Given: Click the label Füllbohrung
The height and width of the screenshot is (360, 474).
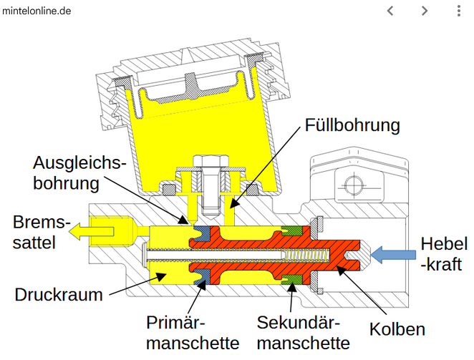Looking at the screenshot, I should point(352,126).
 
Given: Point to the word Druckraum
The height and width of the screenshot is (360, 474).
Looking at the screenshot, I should point(59,294).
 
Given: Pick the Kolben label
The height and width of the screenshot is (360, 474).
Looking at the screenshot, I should point(397,329).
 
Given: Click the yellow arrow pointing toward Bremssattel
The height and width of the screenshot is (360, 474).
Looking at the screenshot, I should point(90,230).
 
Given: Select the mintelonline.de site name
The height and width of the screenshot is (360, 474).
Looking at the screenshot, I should point(37,11).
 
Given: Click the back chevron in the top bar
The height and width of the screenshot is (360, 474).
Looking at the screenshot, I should point(390,11).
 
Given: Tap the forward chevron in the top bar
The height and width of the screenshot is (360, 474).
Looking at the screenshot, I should point(425,11).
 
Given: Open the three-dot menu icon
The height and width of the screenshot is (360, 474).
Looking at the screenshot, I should point(459,11).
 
